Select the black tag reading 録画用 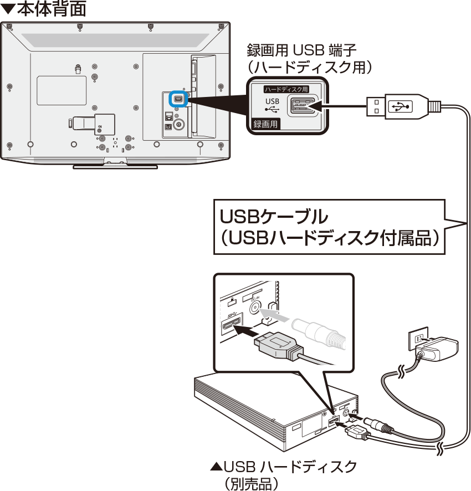pyautogui.click(x=265, y=124)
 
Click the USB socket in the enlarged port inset pyautogui.click(x=301, y=105)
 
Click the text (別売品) pyautogui.click(x=250, y=483)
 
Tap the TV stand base pyautogui.click(x=115, y=165)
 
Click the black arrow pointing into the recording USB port pyautogui.click(x=338, y=105)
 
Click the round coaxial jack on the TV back pyautogui.click(x=178, y=124)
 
